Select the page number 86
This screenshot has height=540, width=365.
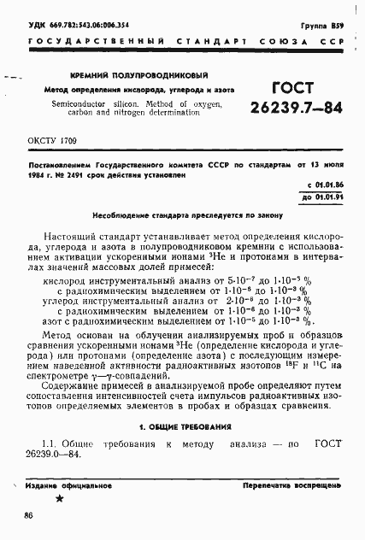[x=29, y=515]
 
